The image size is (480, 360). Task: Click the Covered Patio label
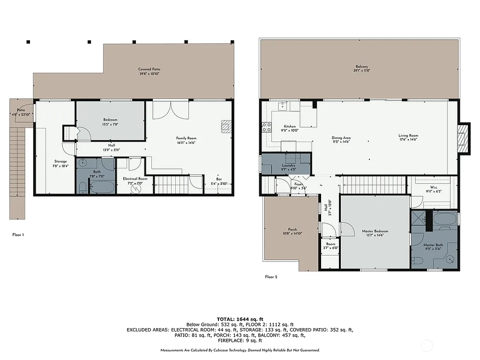(146, 69)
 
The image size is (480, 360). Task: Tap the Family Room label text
(186, 138)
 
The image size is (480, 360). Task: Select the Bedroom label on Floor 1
(110, 120)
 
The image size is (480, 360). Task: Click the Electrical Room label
(135, 179)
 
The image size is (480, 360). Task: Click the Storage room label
(60, 162)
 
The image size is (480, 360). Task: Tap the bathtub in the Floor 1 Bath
(102, 187)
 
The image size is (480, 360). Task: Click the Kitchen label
(290, 127)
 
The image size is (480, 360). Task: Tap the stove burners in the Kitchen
(266, 127)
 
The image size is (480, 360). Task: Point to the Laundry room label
(288, 165)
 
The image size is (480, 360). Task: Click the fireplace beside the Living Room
(463, 138)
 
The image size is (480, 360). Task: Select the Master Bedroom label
(375, 231)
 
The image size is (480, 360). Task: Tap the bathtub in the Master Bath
(444, 219)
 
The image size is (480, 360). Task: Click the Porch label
(292, 230)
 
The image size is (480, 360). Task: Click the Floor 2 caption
(271, 277)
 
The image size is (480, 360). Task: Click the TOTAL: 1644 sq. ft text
(240, 319)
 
